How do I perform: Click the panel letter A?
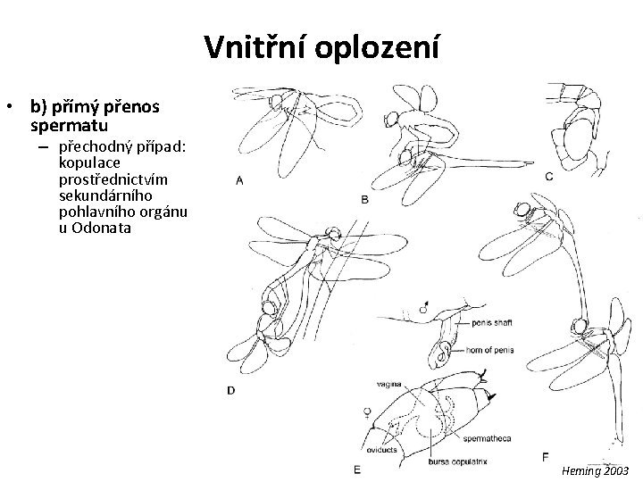(239, 180)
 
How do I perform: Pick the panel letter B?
(364, 200)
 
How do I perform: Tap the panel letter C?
(548, 177)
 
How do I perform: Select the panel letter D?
(231, 389)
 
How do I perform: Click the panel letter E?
(356, 468)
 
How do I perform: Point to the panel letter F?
(546, 457)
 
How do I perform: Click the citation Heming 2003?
(597, 470)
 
